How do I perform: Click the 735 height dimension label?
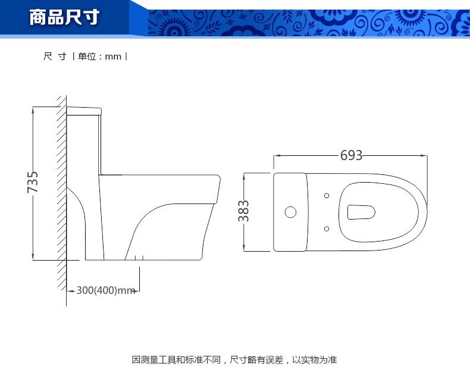tap(33, 182)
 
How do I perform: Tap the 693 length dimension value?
tap(351, 155)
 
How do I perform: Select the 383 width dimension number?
tap(243, 211)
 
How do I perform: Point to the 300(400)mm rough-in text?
tap(106, 290)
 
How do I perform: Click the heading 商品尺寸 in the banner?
tap(64, 17)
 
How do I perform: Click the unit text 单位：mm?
tap(99, 57)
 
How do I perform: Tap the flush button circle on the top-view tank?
tap(290, 212)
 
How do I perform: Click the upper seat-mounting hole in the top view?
tap(327, 196)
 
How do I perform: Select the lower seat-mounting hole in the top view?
tap(327, 228)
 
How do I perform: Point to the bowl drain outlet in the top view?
tap(361, 212)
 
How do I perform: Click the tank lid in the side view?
tap(84, 111)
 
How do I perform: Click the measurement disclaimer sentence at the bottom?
tap(234, 359)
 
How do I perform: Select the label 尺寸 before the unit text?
tap(55, 57)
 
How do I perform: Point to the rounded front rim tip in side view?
tap(219, 179)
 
